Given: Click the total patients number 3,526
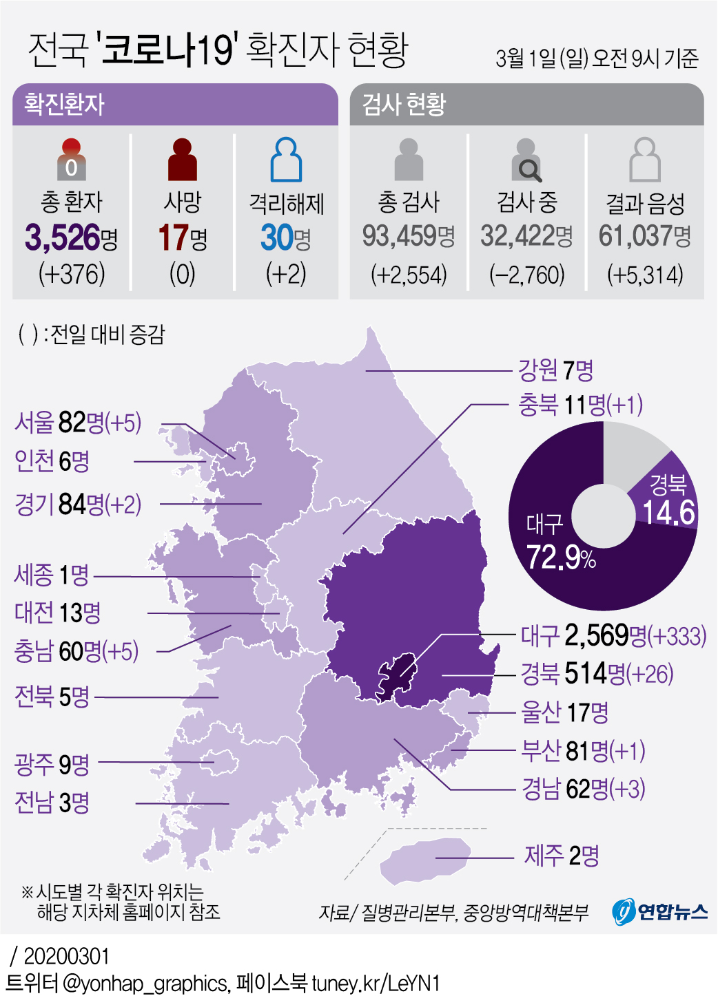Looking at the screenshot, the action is (63, 237).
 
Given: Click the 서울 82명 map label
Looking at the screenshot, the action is (77, 422).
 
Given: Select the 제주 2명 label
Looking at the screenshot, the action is (561, 856).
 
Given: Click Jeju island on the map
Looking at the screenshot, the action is (424, 861).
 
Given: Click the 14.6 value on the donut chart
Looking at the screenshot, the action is (668, 512).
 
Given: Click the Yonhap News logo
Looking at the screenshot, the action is (659, 911).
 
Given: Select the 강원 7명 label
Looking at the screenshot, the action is (555, 370).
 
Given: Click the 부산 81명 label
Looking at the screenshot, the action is (582, 750).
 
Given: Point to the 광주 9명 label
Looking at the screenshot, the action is (52, 763).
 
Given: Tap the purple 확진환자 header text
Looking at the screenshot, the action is (64, 105).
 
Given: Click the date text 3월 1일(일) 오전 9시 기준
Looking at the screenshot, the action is (597, 58).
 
